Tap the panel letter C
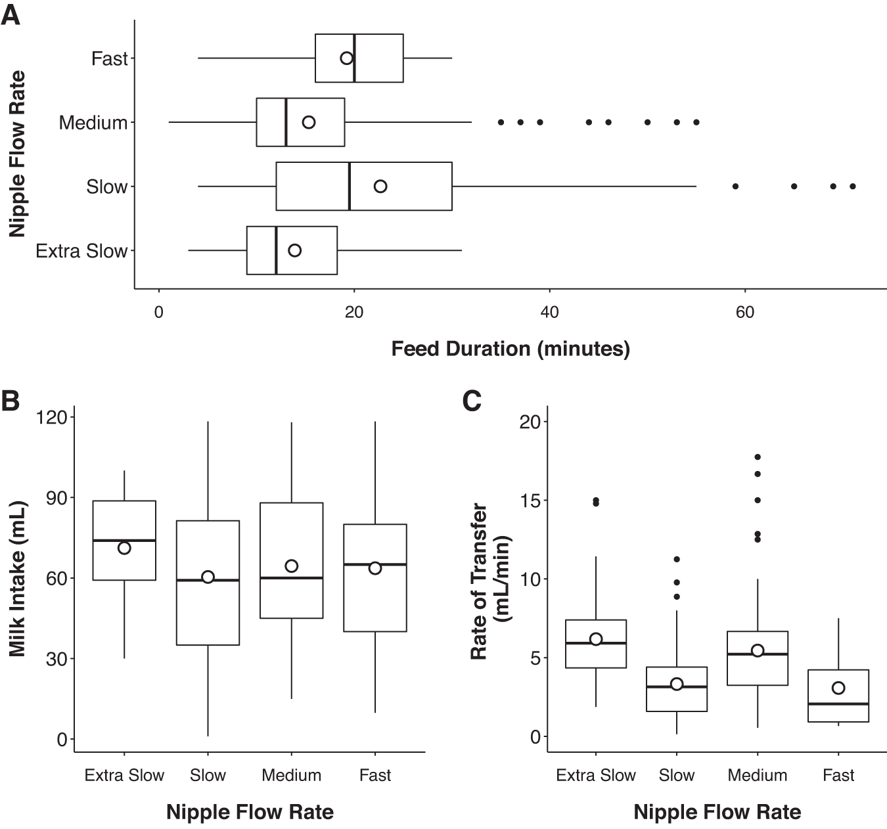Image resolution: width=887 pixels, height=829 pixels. [x=472, y=400]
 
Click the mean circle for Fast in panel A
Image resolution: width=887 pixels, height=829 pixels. [x=347, y=58]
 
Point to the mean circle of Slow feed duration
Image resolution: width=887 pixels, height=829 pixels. [x=380, y=187]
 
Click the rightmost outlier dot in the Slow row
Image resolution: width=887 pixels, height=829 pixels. [x=853, y=187]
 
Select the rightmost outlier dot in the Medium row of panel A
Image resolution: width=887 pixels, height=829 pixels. [x=696, y=122]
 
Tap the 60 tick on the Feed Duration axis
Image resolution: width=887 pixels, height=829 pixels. [x=744, y=313]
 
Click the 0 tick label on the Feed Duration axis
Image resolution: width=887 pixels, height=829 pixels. [x=159, y=313]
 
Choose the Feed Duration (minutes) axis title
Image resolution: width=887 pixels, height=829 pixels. [x=510, y=348]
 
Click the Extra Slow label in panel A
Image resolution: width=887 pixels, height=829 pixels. [x=81, y=251]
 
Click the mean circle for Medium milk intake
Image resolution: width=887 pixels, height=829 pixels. [x=292, y=566]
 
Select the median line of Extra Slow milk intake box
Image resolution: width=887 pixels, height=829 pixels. [x=124, y=540]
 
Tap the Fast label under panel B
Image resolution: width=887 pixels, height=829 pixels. [x=375, y=775]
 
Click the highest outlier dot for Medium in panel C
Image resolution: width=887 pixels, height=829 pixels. [x=758, y=457]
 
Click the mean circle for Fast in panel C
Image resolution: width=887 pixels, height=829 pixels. [x=838, y=688]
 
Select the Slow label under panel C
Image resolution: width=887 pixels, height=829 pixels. [x=677, y=775]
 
